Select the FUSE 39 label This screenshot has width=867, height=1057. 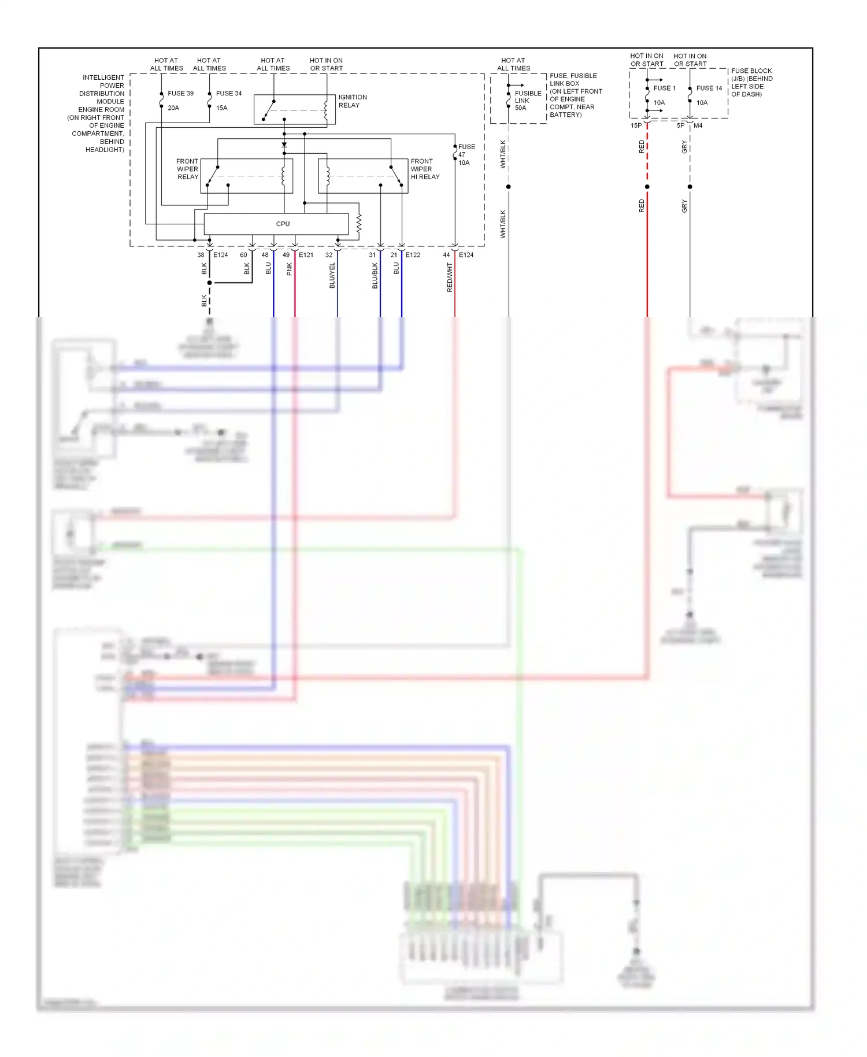(x=180, y=93)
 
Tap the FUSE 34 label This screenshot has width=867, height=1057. (x=229, y=93)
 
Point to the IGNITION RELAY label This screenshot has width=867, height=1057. (x=352, y=101)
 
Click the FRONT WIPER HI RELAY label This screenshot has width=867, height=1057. (x=425, y=169)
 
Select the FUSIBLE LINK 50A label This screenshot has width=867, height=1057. (x=527, y=100)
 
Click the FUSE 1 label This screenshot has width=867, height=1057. (x=664, y=88)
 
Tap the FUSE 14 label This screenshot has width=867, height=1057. (x=709, y=88)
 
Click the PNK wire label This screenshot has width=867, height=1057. (x=289, y=269)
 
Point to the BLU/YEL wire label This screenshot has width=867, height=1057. (x=332, y=275)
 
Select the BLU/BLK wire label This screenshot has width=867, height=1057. (x=375, y=275)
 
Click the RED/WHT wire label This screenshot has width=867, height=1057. (x=449, y=277)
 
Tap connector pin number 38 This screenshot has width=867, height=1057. (x=201, y=255)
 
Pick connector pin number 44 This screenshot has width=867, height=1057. (x=446, y=255)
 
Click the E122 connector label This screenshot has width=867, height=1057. (x=413, y=255)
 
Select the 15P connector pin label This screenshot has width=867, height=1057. (x=636, y=125)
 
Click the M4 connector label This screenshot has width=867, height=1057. (x=698, y=125)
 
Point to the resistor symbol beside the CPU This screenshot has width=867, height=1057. (x=359, y=224)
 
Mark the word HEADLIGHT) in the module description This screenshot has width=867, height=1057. (x=105, y=150)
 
